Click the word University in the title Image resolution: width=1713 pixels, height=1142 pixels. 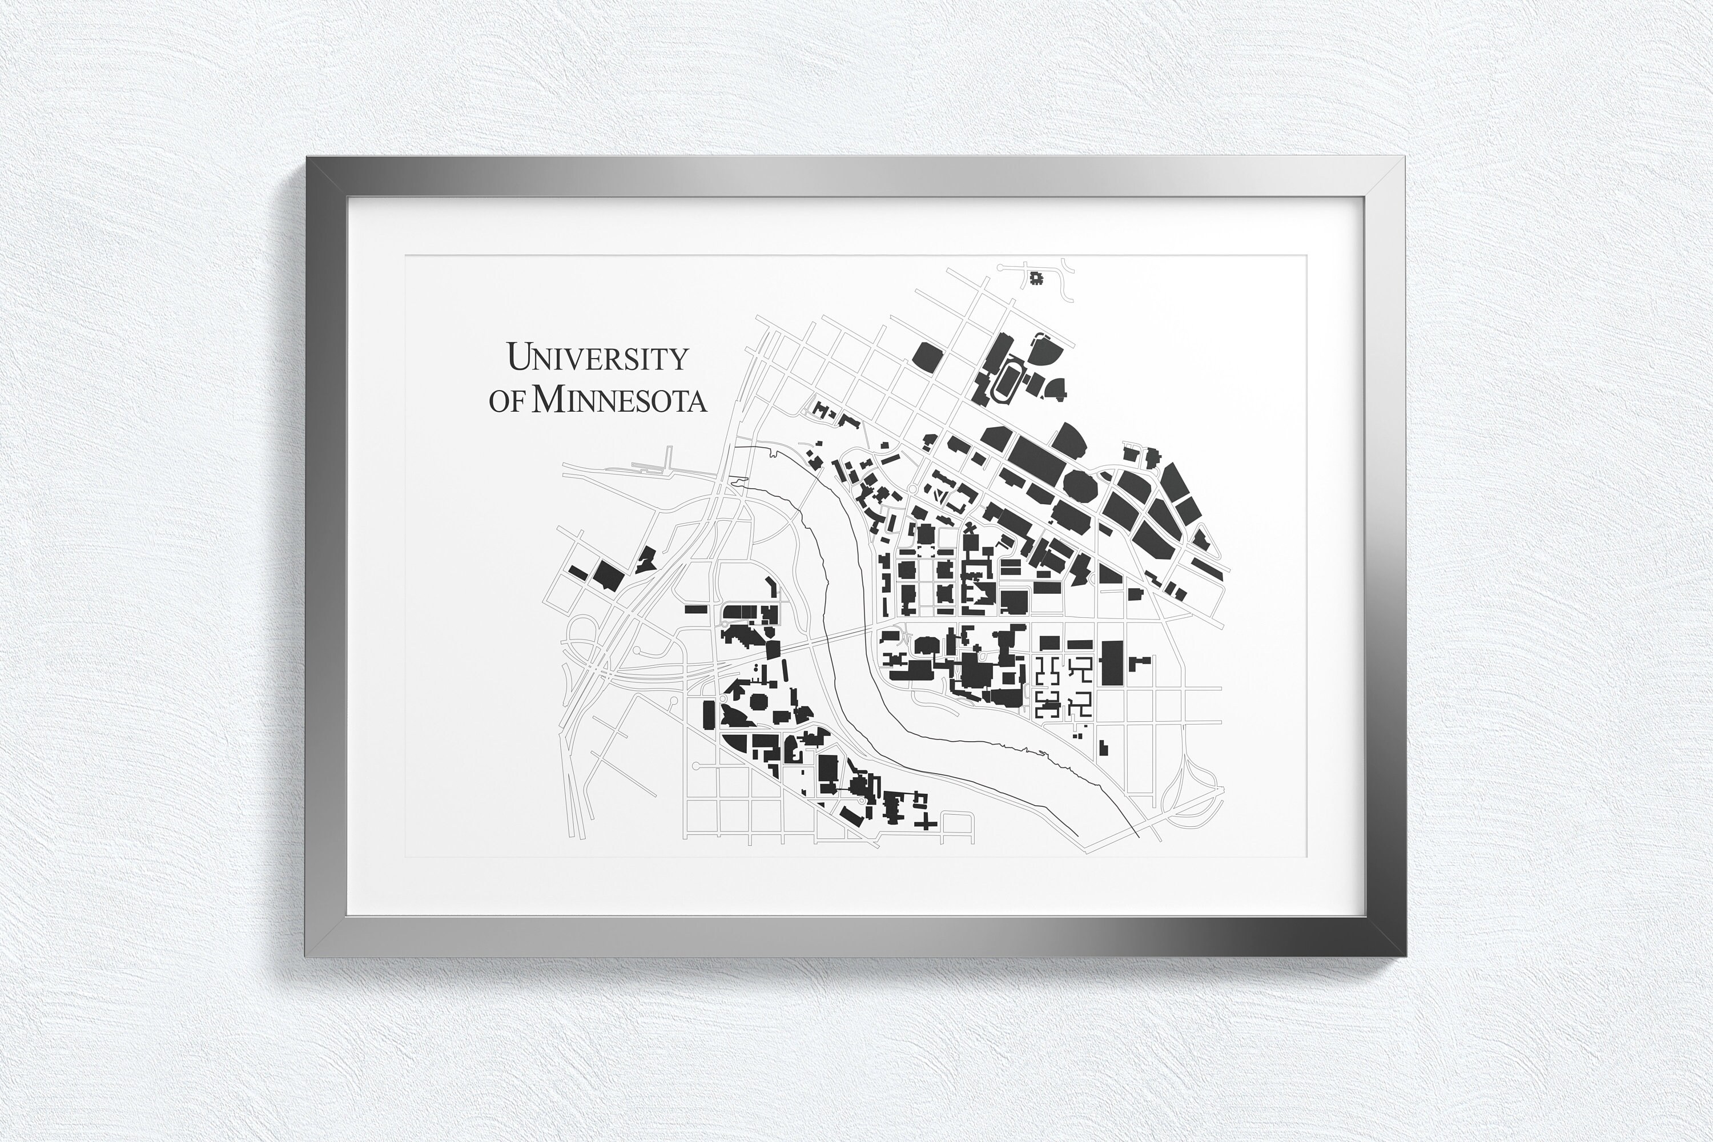[x=597, y=357]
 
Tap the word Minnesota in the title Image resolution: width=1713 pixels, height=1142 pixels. [x=619, y=400]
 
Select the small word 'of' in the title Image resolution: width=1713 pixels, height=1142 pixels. [x=506, y=401]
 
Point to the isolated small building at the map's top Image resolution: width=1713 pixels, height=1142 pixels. [x=1035, y=278]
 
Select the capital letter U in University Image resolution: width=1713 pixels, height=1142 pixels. [x=518, y=356]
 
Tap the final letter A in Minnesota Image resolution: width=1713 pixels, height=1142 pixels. [x=696, y=401]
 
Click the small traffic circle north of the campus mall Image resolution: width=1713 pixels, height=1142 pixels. [x=911, y=489]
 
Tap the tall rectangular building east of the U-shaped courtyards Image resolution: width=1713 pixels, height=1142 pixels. [x=1111, y=663]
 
